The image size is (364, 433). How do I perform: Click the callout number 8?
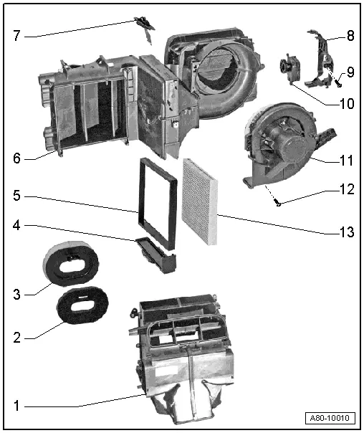pos(350,34)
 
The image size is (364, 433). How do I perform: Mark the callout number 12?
pos(348,190)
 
